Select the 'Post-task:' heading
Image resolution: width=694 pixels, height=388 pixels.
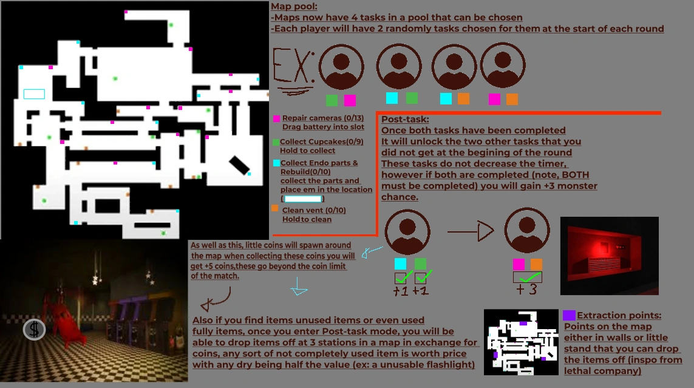click(x=405, y=120)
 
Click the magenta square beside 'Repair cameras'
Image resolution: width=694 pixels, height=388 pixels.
click(x=277, y=118)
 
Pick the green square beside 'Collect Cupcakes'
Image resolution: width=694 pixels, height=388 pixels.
click(x=277, y=141)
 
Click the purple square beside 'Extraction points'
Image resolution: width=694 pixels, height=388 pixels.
click(x=569, y=315)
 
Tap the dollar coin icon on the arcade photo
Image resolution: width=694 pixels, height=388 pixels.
click(x=35, y=330)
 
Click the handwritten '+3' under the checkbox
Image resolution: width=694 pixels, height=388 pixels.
click(x=527, y=289)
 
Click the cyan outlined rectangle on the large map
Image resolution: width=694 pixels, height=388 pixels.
click(x=34, y=94)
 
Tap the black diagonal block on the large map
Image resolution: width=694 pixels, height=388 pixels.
click(x=239, y=163)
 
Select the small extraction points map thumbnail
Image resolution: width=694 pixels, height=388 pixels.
click(x=520, y=342)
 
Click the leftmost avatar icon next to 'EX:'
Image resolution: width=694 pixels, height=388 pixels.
click(x=341, y=67)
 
